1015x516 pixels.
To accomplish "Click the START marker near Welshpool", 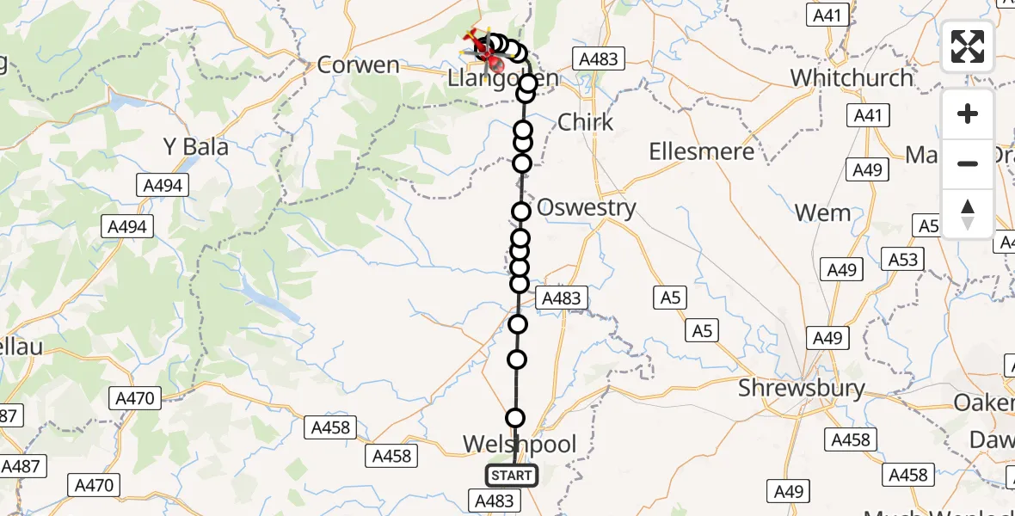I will pyautogui.click(x=512, y=475).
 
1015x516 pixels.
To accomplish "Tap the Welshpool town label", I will pyautogui.click(x=520, y=445).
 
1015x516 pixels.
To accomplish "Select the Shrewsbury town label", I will pyautogui.click(x=802, y=389).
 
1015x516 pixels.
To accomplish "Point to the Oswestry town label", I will pyautogui.click(x=586, y=208).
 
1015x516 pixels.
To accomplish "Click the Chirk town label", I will pyautogui.click(x=586, y=122).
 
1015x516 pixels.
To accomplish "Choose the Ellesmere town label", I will pyautogui.click(x=701, y=152).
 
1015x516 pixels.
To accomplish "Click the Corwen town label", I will pyautogui.click(x=359, y=65).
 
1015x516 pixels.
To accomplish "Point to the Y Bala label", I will pyautogui.click(x=196, y=147).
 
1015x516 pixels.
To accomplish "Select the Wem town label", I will pyautogui.click(x=823, y=213).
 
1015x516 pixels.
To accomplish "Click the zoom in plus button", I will pyautogui.click(x=968, y=114).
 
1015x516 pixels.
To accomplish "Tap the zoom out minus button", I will pyautogui.click(x=968, y=163).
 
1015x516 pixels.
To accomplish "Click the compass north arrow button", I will pyautogui.click(x=968, y=213).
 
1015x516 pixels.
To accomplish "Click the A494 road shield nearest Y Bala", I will pyautogui.click(x=163, y=185).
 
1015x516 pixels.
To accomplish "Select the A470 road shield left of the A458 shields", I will pyautogui.click(x=135, y=398).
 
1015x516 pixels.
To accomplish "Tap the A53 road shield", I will pyautogui.click(x=903, y=260).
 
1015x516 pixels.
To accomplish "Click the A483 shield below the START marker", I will pyautogui.click(x=494, y=501).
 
